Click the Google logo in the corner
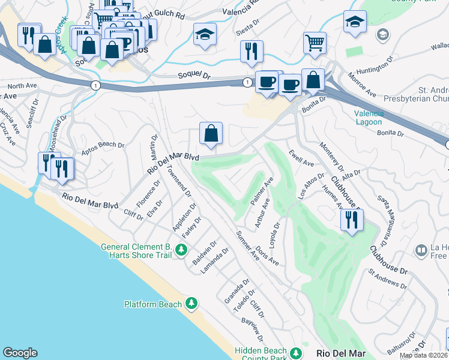pos(20,353)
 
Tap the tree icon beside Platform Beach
pos(191,304)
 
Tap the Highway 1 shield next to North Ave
pos(95,86)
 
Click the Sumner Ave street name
pos(247,245)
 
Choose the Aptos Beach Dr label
pos(103,145)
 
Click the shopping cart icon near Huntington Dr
pos(314,42)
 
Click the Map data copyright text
pos(424,355)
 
